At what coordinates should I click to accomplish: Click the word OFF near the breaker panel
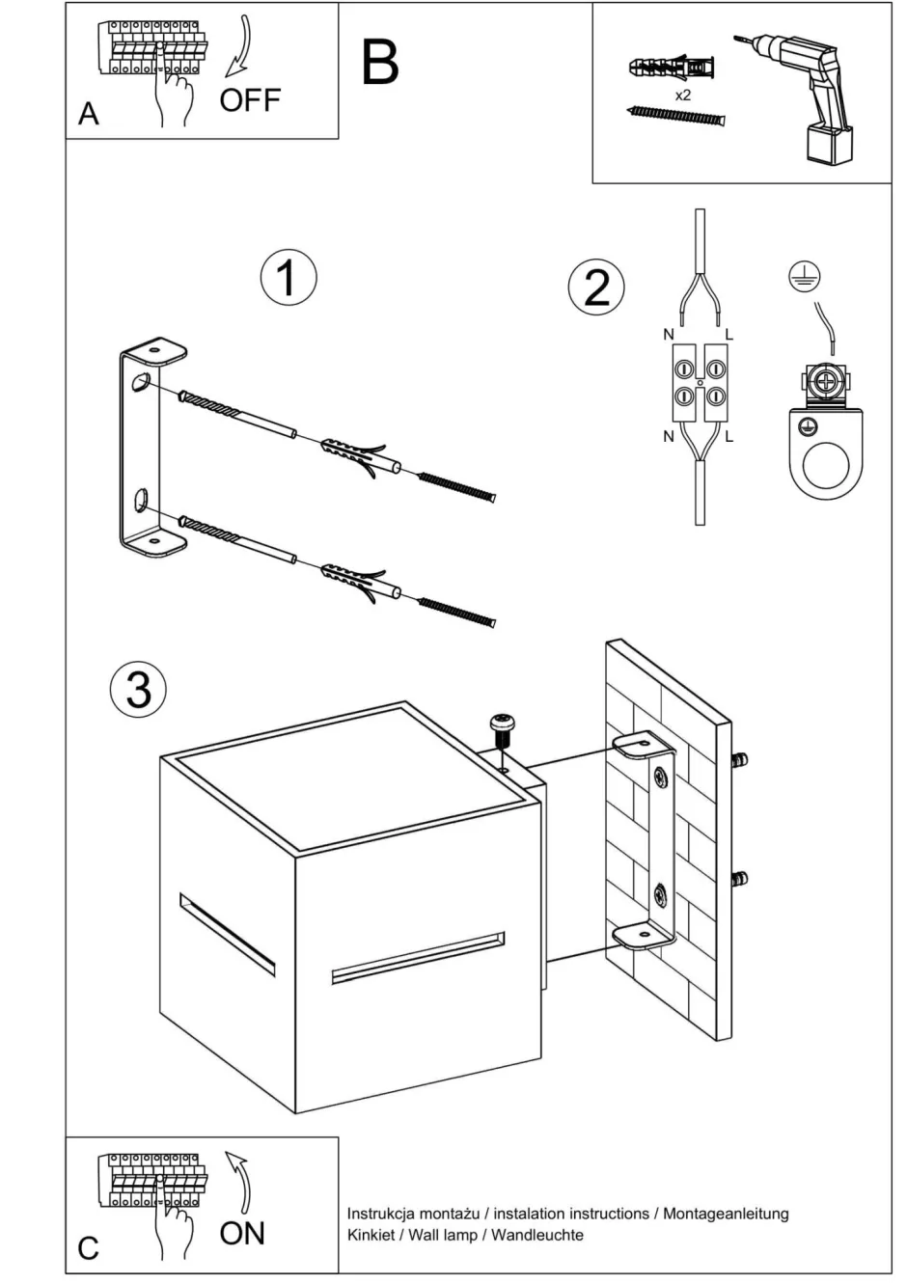[250, 99]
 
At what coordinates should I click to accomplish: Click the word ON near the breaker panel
[242, 1233]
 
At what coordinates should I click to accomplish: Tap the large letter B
[380, 63]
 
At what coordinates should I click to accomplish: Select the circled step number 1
[288, 278]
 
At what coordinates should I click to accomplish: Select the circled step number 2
[596, 287]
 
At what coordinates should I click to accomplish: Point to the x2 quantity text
[683, 95]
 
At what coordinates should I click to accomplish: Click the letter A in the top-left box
[89, 114]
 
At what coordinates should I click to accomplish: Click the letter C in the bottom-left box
[89, 1248]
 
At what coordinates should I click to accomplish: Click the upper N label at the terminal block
[668, 335]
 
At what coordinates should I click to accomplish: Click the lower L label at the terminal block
[729, 437]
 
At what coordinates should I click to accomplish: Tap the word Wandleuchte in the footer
[537, 1235]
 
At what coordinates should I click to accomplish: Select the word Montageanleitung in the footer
[726, 1214]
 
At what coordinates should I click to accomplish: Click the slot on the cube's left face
[228, 934]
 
